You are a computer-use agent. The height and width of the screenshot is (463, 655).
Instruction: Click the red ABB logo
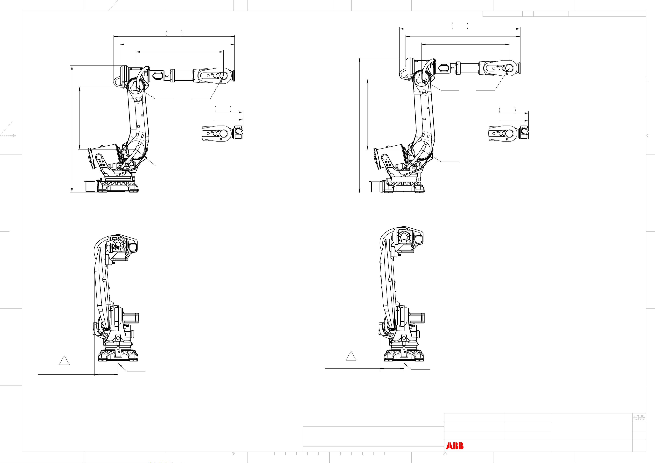455,446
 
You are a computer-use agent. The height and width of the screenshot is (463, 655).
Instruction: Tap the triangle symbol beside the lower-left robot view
64,360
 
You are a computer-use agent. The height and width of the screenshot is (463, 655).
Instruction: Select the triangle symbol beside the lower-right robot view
351,356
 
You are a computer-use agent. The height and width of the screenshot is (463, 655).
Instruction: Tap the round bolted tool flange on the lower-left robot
118,244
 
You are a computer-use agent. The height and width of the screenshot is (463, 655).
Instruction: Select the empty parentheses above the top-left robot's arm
174,34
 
